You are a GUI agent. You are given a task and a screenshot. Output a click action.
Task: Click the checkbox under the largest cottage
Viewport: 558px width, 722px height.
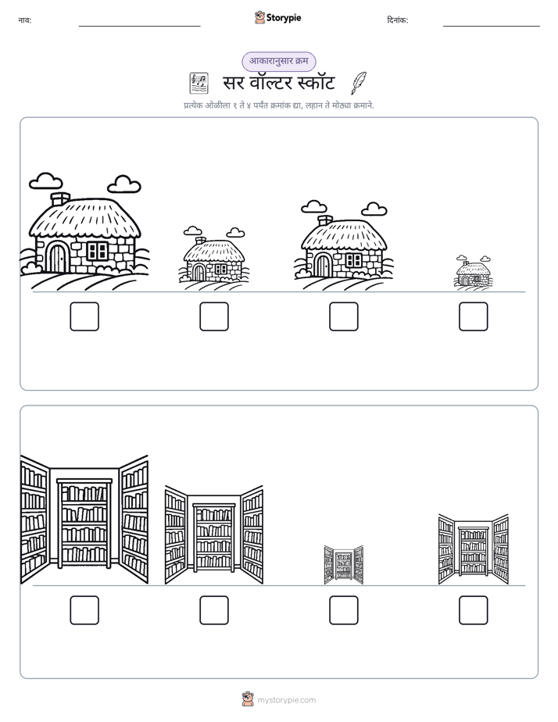(84, 316)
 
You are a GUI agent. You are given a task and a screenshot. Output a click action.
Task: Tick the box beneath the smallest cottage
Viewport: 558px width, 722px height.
(474, 316)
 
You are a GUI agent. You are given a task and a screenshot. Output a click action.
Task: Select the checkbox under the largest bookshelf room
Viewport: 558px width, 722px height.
(84, 610)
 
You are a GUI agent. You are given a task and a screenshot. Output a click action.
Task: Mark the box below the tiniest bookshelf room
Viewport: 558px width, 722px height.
(343, 610)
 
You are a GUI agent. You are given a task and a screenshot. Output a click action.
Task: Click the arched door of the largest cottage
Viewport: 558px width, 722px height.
(58, 259)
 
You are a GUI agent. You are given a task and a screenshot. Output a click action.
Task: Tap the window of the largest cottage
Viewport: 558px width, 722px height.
(97, 251)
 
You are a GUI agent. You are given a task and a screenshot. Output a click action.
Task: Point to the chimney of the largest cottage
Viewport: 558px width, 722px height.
(60, 199)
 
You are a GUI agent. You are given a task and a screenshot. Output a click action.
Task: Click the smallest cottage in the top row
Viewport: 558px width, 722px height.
(474, 273)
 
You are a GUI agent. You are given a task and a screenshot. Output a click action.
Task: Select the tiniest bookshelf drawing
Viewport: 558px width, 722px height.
(343, 565)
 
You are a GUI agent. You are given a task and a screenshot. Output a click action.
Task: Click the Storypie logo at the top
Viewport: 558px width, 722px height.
(278, 17)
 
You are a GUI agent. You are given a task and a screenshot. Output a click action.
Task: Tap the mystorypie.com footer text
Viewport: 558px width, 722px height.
(286, 700)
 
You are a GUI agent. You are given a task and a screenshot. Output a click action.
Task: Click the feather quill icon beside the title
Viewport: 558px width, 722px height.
(359, 83)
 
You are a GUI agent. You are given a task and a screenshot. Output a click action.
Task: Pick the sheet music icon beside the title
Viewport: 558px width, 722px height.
(199, 84)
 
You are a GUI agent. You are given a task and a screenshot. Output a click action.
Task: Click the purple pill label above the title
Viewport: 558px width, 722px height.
(279, 61)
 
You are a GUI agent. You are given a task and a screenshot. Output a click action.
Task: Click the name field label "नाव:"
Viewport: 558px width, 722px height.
(25, 20)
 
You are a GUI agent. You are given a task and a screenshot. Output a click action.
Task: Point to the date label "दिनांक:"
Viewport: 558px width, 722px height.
(397, 20)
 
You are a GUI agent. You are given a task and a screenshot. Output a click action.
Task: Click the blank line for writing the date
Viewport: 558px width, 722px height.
(492, 27)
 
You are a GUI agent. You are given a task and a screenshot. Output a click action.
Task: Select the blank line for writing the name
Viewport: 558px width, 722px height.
(139, 27)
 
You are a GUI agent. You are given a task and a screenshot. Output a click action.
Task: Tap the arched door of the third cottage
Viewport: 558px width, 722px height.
(324, 266)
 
